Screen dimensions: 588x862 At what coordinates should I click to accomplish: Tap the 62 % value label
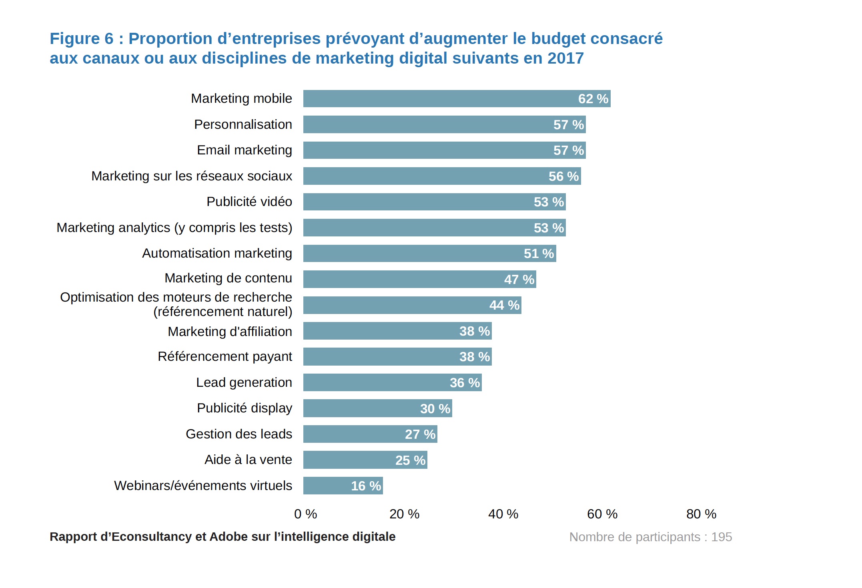click(593, 99)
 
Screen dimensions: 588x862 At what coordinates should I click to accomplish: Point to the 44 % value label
click(504, 305)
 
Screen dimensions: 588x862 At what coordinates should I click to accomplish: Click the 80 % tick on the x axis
click(701, 514)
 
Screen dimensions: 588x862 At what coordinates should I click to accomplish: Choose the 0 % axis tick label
click(305, 514)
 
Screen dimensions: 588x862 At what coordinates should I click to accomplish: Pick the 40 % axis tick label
click(503, 514)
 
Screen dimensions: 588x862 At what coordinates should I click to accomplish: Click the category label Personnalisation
click(243, 124)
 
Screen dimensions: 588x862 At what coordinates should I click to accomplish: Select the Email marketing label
click(244, 150)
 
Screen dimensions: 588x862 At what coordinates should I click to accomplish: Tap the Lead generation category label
click(244, 382)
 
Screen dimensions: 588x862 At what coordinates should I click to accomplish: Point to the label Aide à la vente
click(248, 460)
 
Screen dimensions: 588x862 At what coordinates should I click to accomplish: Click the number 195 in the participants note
click(722, 537)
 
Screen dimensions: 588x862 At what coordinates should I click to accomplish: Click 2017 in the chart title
click(565, 58)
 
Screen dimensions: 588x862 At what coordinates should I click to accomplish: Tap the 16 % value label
click(366, 486)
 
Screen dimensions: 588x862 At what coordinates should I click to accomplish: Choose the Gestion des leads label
click(239, 434)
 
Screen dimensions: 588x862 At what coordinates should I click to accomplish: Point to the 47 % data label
click(519, 280)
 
